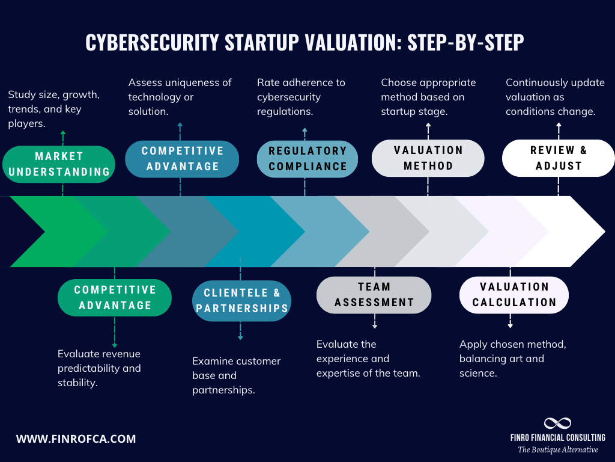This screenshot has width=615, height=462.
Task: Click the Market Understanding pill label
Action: [x=59, y=164]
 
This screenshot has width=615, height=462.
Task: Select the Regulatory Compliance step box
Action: [x=307, y=159]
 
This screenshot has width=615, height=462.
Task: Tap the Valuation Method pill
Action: [x=428, y=158]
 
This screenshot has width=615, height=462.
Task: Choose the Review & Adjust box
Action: [x=558, y=158]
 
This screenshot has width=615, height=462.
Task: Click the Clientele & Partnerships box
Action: [x=241, y=301]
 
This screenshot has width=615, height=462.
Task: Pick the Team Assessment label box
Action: [x=374, y=295]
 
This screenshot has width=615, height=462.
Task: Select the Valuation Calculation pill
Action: [x=514, y=295]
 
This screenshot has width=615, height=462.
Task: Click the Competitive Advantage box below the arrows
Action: [x=115, y=298]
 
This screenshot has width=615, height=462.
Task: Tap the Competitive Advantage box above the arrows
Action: [x=182, y=159]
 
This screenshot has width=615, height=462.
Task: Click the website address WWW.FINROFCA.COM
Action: [x=76, y=439]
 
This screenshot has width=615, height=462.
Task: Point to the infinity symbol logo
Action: [x=557, y=423]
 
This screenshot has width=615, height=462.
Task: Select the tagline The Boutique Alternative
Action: [x=558, y=450]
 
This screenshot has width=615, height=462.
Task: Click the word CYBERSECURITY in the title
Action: [x=152, y=42]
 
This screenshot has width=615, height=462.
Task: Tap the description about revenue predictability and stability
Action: [x=99, y=368]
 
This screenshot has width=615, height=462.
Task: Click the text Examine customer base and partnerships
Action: [x=236, y=375]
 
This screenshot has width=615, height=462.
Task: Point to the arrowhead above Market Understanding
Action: [x=62, y=132]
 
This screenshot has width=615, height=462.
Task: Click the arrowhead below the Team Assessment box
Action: [x=375, y=325]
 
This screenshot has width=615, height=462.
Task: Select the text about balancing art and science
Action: [x=512, y=359]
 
